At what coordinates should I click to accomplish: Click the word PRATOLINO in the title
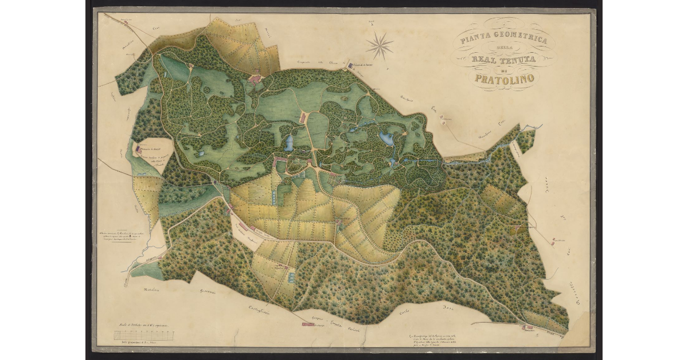504,78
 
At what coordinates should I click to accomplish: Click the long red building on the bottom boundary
308,324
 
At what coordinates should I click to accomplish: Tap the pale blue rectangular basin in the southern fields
292,277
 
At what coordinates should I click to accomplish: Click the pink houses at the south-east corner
527,327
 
